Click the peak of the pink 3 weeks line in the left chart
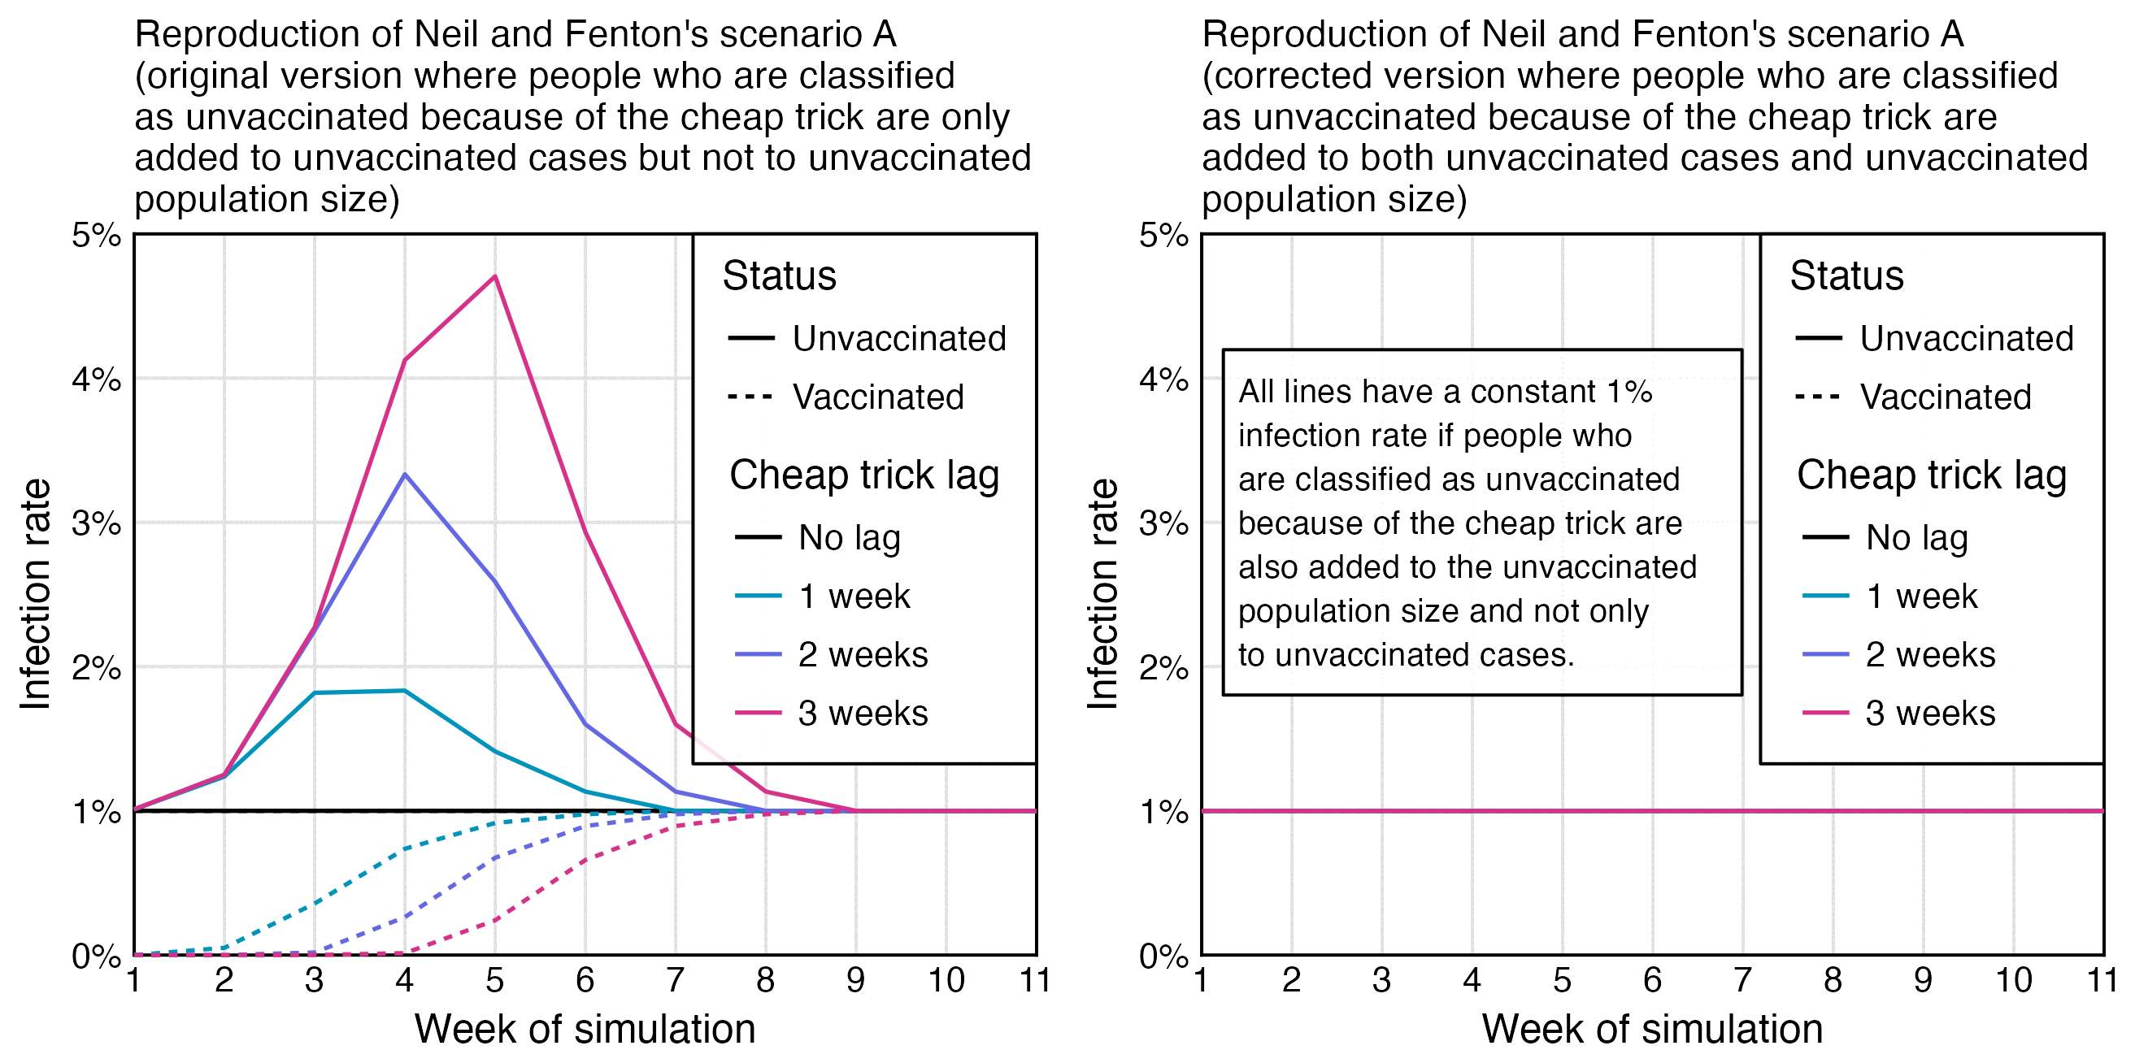tap(495, 277)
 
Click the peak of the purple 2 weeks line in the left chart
tap(404, 474)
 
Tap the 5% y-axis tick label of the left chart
tap(96, 236)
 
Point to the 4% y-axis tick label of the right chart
tap(1163, 380)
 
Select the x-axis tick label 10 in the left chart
tap(946, 980)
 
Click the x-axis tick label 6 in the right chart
tap(1653, 980)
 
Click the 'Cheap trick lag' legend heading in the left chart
tap(864, 475)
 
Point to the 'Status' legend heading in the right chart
tap(1846, 275)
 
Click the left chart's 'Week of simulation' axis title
tap(585, 1029)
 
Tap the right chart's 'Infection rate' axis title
tap(1102, 594)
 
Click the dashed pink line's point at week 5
tap(495, 920)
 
